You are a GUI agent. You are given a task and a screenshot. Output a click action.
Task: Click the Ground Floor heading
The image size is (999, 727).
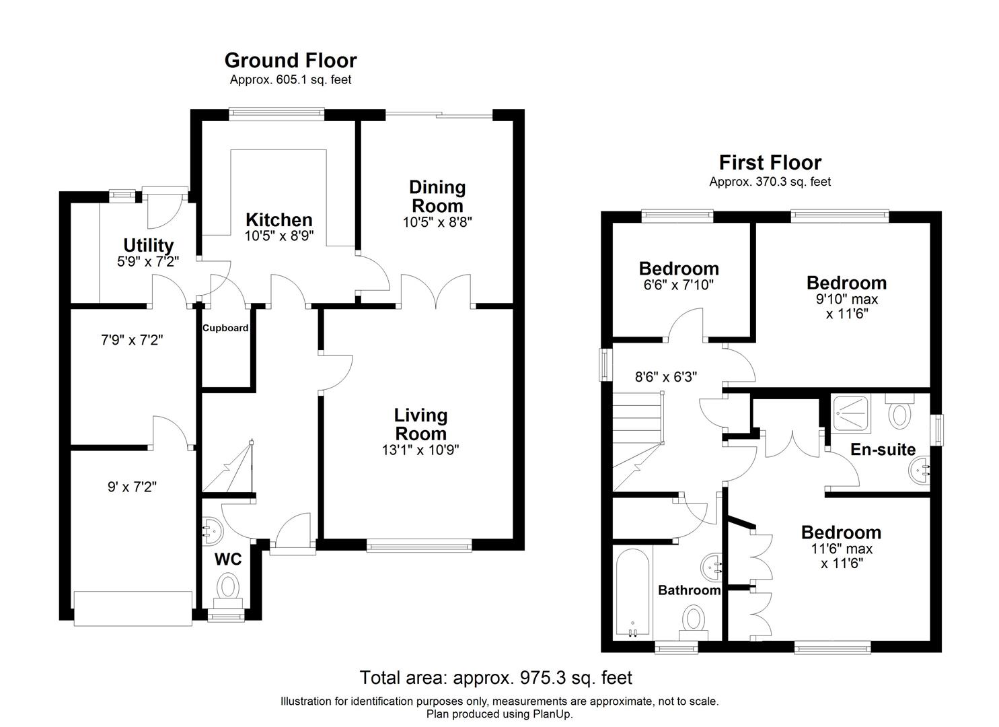click(290, 61)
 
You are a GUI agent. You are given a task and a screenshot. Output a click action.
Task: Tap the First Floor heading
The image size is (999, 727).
click(770, 163)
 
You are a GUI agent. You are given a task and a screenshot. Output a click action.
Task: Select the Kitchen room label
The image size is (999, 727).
click(279, 220)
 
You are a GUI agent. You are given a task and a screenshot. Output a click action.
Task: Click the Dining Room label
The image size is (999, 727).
click(437, 196)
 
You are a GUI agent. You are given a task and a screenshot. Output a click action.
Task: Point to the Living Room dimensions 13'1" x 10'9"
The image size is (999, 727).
click(420, 450)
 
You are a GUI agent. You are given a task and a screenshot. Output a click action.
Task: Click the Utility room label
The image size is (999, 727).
click(148, 246)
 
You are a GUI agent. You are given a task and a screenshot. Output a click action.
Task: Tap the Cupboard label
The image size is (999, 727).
click(226, 328)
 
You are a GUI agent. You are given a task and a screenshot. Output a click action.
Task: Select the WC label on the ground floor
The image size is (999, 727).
click(227, 559)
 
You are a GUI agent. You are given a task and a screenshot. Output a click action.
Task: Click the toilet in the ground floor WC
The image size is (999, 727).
click(228, 587)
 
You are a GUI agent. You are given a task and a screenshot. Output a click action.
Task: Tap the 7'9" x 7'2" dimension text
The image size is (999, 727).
click(132, 341)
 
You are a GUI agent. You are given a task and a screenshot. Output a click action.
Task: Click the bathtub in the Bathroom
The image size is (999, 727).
click(632, 591)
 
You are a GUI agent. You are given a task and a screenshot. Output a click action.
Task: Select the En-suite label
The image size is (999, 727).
click(883, 450)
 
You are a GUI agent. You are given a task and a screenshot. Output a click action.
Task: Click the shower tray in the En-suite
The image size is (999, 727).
click(852, 412)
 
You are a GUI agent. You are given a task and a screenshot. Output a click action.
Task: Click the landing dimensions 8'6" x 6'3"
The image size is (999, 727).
click(666, 377)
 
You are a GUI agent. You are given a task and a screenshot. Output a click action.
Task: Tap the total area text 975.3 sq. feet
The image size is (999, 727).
click(496, 677)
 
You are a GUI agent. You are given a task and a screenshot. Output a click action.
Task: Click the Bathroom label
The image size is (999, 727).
click(689, 590)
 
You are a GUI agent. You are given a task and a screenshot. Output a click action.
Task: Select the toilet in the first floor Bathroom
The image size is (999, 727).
click(693, 618)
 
